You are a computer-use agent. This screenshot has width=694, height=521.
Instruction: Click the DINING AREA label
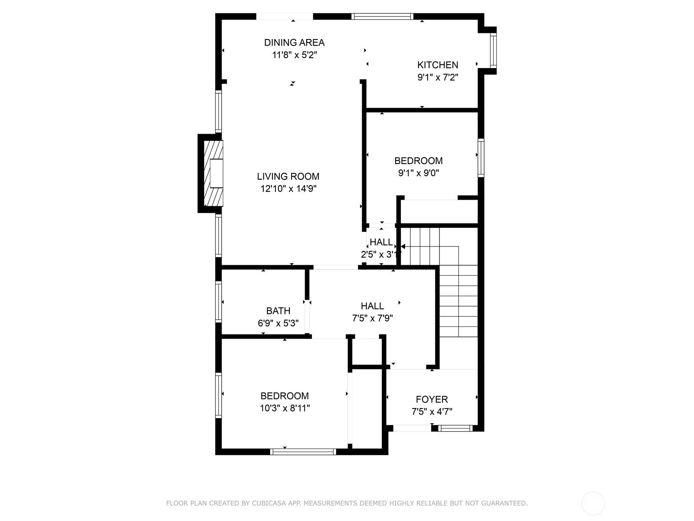coord(295,43)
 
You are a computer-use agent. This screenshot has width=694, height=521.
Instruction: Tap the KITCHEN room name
coord(438,65)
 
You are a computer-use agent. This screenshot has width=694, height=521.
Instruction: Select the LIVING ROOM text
coord(288,176)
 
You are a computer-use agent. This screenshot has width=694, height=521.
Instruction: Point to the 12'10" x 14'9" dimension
coord(288,189)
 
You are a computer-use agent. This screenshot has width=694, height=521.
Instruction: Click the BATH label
coord(278,311)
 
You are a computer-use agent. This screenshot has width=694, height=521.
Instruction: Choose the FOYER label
coord(432,399)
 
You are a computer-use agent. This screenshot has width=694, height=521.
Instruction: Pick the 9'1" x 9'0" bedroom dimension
coord(419,173)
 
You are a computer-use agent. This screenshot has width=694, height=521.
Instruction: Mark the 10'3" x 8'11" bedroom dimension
coord(285,409)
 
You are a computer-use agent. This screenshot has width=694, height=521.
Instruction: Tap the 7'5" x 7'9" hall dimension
coord(373,318)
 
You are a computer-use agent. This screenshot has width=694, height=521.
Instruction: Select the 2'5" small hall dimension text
coord(368,255)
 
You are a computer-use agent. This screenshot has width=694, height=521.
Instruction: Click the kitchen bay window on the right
coord(493,51)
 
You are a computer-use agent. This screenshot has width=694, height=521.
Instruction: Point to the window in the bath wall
coord(219,302)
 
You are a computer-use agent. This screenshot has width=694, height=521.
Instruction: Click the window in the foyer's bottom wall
coord(455,429)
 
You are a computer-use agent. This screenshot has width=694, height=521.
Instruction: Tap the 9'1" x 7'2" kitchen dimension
coord(438,78)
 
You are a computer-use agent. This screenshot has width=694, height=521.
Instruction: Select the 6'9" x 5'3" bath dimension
coord(278,323)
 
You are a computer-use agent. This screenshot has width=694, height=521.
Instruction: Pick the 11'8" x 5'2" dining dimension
coord(295,55)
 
